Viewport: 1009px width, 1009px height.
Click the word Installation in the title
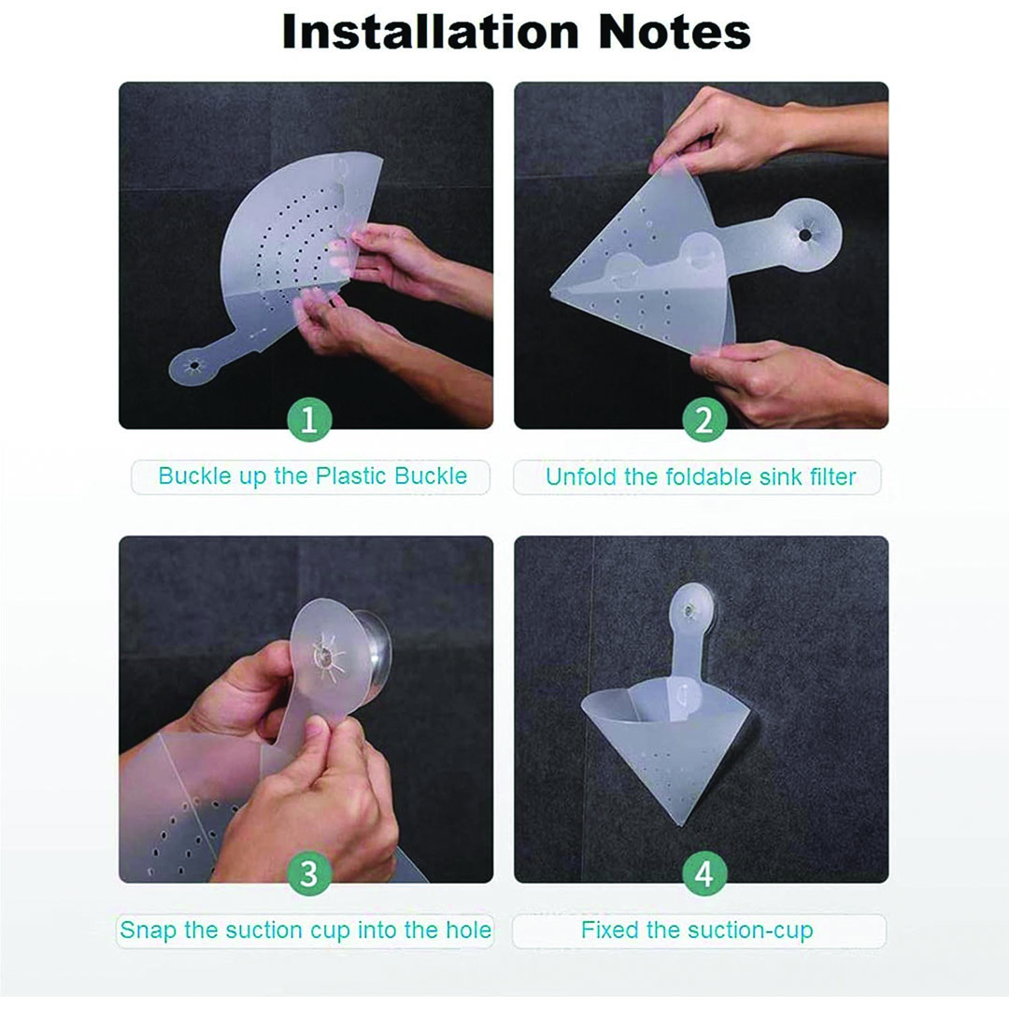click(x=431, y=32)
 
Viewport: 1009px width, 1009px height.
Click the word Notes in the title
click(x=674, y=32)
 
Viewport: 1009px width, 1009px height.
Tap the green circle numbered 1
click(x=309, y=420)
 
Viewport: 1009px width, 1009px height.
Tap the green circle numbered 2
click(x=704, y=420)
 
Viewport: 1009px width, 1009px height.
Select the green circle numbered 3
click(x=309, y=874)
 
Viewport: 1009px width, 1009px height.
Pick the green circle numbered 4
click(x=704, y=874)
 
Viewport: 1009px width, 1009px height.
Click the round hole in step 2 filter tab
click(x=805, y=235)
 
